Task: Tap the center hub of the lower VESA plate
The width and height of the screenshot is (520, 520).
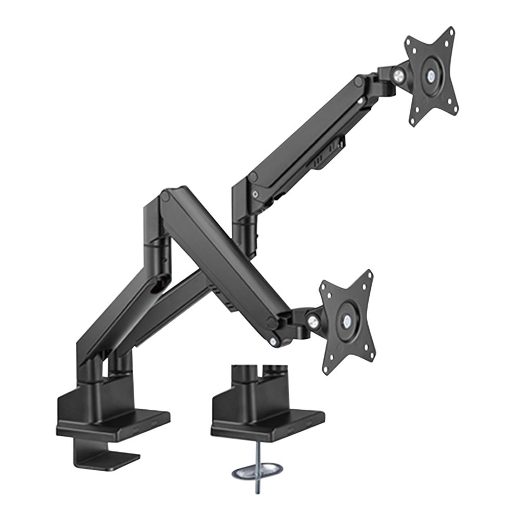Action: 346,321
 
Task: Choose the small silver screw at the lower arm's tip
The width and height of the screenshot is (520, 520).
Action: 274,341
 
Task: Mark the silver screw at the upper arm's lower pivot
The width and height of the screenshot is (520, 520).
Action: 255,192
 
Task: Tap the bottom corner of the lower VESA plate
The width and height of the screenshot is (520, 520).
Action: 327,371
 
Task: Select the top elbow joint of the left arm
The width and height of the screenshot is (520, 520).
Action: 165,197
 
